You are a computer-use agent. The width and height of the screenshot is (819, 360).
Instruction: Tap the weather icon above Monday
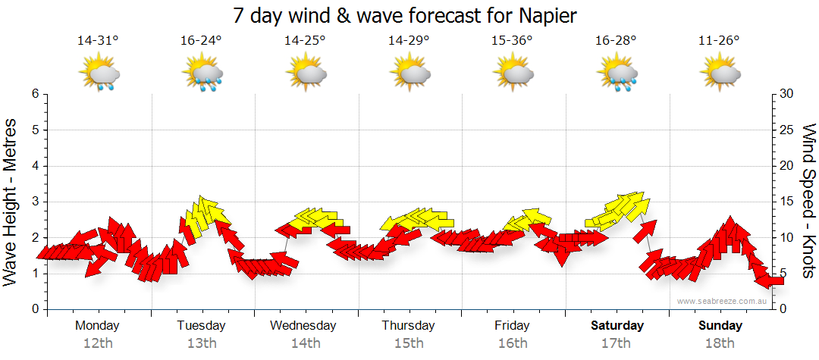(99, 74)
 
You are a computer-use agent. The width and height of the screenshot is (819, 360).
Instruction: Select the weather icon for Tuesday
(202, 74)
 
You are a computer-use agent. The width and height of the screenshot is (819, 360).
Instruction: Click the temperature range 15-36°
(512, 41)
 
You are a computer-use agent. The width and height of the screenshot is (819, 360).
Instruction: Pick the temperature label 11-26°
(719, 41)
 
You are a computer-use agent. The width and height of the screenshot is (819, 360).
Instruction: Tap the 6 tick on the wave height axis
(35, 94)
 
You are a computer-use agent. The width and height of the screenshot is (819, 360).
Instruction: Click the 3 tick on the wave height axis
(35, 202)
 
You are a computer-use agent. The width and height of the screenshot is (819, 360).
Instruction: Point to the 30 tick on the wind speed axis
(786, 94)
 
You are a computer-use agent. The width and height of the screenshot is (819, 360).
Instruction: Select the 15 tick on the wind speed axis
(786, 202)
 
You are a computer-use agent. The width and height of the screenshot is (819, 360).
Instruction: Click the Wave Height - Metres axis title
(11, 202)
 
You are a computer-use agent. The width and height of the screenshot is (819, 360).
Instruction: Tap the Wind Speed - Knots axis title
(808, 202)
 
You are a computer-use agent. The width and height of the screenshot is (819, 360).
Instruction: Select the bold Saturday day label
(617, 326)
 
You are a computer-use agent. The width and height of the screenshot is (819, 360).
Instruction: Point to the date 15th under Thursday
(409, 343)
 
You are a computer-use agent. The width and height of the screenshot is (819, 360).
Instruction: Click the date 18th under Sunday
(720, 343)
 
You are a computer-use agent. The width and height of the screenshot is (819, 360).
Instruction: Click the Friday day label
(513, 326)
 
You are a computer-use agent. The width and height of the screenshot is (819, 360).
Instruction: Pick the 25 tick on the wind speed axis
(786, 130)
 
